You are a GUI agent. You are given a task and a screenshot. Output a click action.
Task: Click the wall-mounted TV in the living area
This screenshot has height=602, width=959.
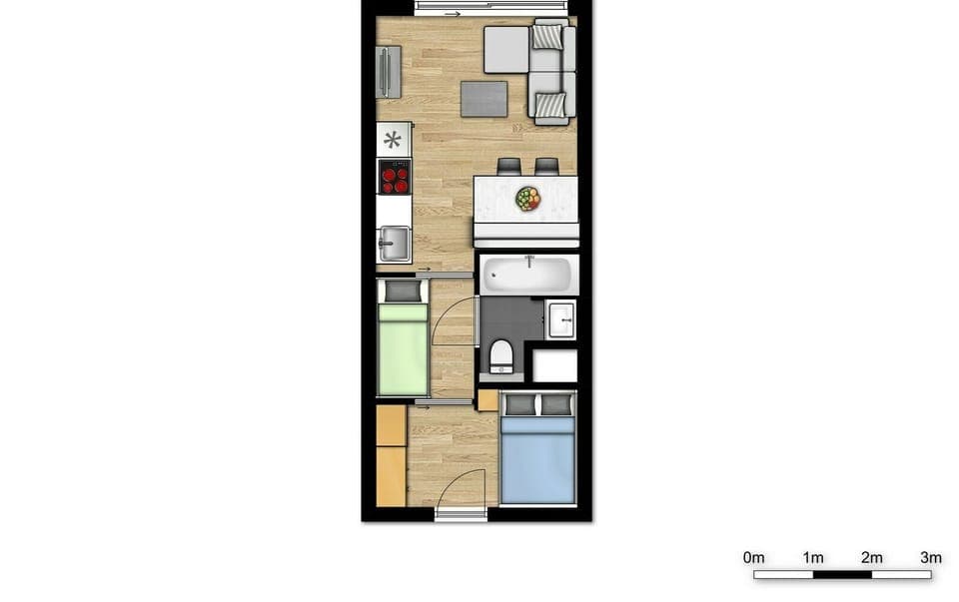coord(388,72)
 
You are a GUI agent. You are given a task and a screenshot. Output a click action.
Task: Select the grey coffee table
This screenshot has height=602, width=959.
coord(483,99)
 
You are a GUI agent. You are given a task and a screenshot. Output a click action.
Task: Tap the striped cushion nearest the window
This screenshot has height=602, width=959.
coord(547,37)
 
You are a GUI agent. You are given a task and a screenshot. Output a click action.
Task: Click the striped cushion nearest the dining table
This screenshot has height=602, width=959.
coord(550,104)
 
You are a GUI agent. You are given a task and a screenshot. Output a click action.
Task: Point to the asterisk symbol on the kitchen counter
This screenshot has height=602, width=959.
coord(394,139)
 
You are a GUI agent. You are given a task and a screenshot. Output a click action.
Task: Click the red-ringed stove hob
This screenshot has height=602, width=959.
coord(395,177)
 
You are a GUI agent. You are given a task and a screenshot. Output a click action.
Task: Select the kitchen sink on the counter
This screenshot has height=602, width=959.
coord(394,243)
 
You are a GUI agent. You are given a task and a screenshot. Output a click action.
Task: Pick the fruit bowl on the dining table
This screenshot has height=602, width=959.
coord(527,199)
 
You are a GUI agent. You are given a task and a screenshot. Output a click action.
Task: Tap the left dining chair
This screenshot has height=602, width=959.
coord(509,166)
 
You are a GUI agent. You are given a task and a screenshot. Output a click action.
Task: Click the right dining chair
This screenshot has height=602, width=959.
coord(546,166)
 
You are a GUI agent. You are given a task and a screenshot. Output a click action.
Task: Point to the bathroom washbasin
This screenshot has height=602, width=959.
coord(560,319)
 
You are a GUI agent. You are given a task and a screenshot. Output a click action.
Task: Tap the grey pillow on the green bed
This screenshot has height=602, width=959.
coord(404,291)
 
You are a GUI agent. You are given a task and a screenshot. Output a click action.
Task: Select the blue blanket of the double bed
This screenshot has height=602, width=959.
coord(537,459)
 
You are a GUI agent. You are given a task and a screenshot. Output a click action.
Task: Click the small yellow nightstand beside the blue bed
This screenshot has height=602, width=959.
coord(487,400)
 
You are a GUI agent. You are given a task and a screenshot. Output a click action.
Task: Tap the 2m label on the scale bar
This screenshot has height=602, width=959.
coord(872,557)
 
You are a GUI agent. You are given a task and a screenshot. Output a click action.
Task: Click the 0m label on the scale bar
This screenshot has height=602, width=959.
coord(754,557)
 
